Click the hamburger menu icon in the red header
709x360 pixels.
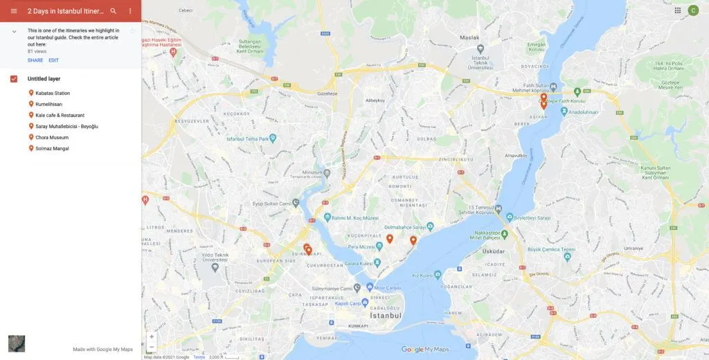(13, 11)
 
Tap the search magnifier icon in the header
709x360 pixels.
(114, 11)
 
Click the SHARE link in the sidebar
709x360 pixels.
(35, 60)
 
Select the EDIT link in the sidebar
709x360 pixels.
(53, 60)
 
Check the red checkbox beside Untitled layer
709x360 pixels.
(14, 79)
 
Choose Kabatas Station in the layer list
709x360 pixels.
(53, 93)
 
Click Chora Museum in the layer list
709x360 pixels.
(52, 138)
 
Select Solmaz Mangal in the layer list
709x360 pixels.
(52, 149)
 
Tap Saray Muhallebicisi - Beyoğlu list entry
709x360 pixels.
(66, 127)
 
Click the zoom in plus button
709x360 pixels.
(152, 336)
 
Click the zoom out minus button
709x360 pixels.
(152, 346)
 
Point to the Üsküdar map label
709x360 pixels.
(493, 252)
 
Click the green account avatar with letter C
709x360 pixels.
(693, 10)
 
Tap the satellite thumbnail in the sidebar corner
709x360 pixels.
(17, 343)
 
